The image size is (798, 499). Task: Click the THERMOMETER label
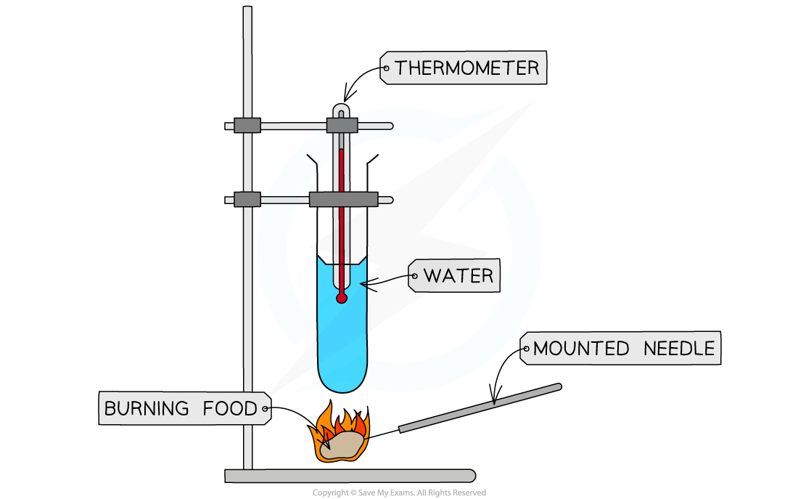(x=466, y=68)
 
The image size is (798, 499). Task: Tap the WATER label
(x=458, y=276)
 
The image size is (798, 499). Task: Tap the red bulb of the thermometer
(x=341, y=298)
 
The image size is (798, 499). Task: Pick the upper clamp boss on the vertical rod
(x=247, y=125)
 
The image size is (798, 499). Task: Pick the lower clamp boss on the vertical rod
(x=247, y=199)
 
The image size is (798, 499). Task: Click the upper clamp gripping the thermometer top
(x=342, y=125)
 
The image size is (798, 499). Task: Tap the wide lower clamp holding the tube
(x=343, y=199)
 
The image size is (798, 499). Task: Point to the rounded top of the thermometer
(x=341, y=110)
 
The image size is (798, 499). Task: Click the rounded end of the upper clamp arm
(x=389, y=126)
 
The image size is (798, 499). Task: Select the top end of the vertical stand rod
(x=247, y=11)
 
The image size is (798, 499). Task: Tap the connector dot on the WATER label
(x=415, y=276)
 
